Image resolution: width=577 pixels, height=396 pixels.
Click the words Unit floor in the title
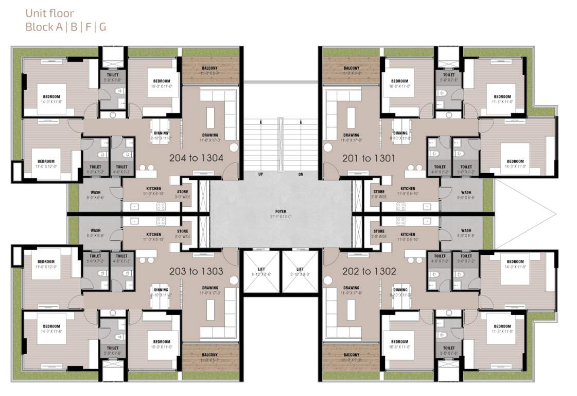tap(49, 14)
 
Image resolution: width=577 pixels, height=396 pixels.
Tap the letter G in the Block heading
tap(103, 27)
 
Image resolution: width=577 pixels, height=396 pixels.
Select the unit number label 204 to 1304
tap(196, 158)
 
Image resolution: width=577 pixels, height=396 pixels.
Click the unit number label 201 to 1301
tap(369, 158)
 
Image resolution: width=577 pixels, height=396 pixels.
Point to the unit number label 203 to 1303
tap(196, 271)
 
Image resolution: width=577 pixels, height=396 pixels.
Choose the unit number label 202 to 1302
tap(369, 271)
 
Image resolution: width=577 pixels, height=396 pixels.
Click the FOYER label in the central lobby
tap(280, 211)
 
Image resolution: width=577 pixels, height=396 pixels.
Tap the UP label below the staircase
tap(260, 174)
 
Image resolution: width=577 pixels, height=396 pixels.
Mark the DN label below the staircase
tap(301, 174)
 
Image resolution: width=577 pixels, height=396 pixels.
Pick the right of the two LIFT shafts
tap(300, 272)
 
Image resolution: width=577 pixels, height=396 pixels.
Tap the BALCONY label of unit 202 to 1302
tap(352, 355)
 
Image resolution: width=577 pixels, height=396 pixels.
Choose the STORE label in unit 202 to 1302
tap(379, 232)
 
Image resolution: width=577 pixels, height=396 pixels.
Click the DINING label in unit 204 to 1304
tap(161, 133)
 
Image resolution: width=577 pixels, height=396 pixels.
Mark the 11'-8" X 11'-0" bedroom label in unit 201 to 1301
tap(502, 97)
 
